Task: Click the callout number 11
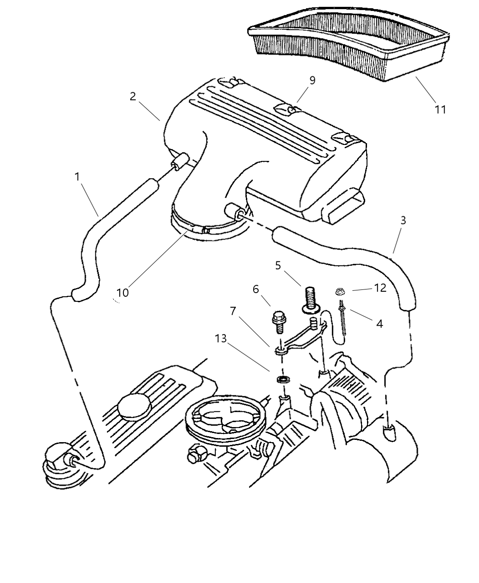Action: tap(440, 109)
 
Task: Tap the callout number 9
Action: tap(312, 80)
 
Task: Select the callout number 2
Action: tap(133, 96)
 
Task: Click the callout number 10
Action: tap(122, 292)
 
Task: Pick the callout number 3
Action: tap(403, 220)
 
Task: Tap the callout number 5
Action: tap(278, 265)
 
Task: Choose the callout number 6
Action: tap(255, 289)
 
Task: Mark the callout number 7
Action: tap(233, 311)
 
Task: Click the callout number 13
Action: tap(222, 338)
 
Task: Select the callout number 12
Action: tap(379, 288)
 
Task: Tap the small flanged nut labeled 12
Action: tap(340, 291)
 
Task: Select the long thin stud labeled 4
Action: tap(342, 320)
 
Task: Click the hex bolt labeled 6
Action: tap(277, 322)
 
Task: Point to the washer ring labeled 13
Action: tap(282, 380)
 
